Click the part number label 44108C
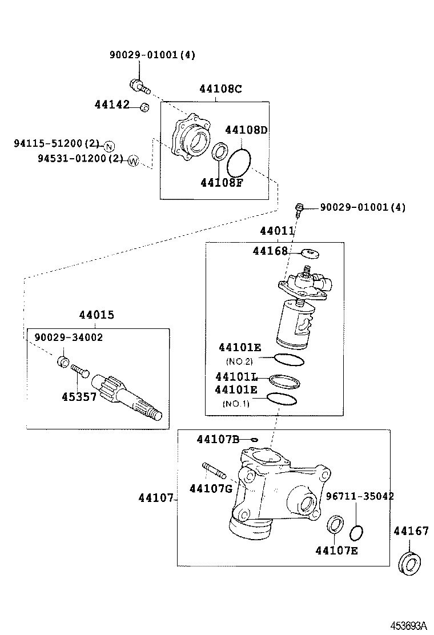(220, 89)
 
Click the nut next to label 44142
(144, 107)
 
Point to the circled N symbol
(110, 145)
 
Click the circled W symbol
(132, 160)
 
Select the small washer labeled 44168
(309, 252)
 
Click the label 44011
(277, 231)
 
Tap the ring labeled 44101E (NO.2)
(289, 360)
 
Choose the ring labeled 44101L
(284, 380)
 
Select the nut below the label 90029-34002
(64, 361)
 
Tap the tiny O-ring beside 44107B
(255, 440)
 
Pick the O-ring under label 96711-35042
(356, 533)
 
